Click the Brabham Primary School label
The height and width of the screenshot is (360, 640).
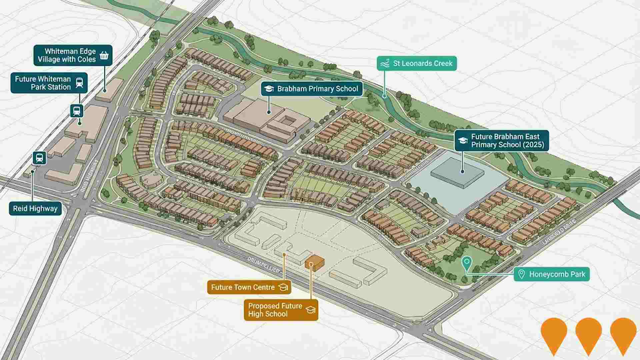(x=312, y=89)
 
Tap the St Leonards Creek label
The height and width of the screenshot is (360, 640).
(x=417, y=63)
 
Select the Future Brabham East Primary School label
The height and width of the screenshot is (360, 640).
(x=502, y=141)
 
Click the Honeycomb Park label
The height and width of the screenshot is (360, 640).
(x=552, y=274)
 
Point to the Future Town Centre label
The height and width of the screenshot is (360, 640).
(x=249, y=287)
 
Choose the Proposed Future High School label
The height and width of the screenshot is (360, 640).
(x=281, y=310)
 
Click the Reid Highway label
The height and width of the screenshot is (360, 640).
(x=35, y=209)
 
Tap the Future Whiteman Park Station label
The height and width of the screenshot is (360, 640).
(x=49, y=83)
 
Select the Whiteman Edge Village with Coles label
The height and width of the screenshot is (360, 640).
(x=73, y=55)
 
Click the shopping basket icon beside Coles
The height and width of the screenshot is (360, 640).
(x=104, y=55)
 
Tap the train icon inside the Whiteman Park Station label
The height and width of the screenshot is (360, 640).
(x=79, y=83)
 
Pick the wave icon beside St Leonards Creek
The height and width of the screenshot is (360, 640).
(x=385, y=63)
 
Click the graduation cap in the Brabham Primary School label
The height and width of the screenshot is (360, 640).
(x=269, y=89)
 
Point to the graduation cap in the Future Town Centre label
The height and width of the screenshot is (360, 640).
(x=283, y=287)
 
